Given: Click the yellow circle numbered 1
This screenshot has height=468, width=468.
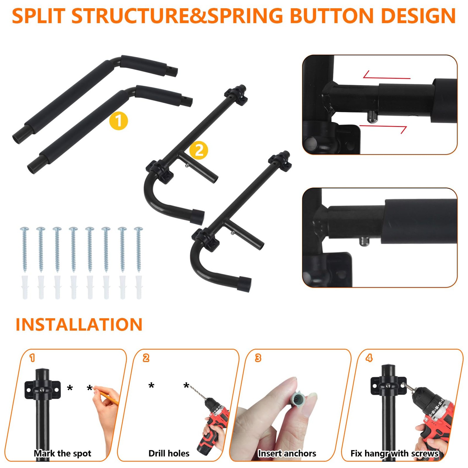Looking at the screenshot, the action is (x=118, y=121).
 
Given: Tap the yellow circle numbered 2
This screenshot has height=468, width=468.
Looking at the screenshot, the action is (x=199, y=150).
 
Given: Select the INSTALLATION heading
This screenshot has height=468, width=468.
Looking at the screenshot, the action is (x=79, y=325).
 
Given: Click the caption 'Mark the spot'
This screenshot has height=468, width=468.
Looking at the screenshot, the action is (x=63, y=453).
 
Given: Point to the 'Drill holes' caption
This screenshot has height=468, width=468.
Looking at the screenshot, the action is (x=169, y=453).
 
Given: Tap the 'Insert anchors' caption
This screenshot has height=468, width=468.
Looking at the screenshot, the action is (x=287, y=453).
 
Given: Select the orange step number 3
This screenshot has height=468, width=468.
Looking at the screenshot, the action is (x=258, y=358).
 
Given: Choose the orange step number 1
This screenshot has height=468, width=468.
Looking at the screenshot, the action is (x=32, y=358).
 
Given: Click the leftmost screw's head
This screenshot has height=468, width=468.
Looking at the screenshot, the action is (x=24, y=229).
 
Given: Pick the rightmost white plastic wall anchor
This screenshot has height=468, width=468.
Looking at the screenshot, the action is (x=139, y=287).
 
